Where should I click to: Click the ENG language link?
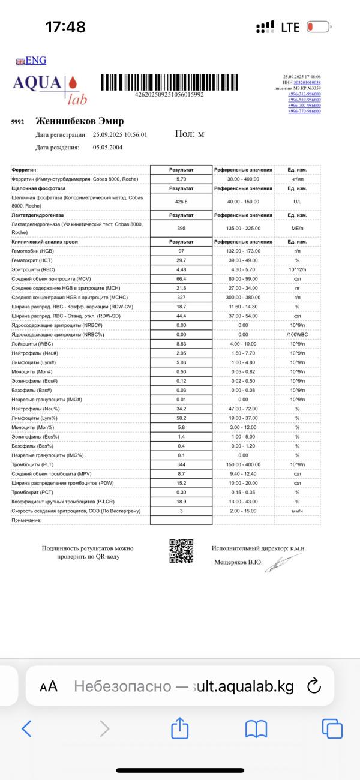tap(31, 61)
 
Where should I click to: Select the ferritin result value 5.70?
tap(181, 179)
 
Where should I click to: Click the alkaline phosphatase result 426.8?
tap(181, 202)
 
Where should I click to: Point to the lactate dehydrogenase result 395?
tap(181, 228)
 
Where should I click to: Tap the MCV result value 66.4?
tap(181, 278)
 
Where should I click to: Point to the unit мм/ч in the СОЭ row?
tap(296, 511)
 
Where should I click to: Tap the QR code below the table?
tap(181, 551)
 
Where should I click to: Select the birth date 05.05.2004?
tap(108, 146)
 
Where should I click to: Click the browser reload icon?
tap(314, 686)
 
